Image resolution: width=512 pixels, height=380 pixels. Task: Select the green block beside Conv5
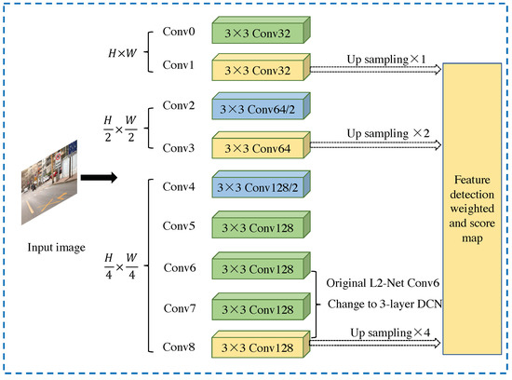[x=261, y=228]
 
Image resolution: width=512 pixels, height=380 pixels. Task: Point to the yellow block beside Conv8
[x=261, y=348]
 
